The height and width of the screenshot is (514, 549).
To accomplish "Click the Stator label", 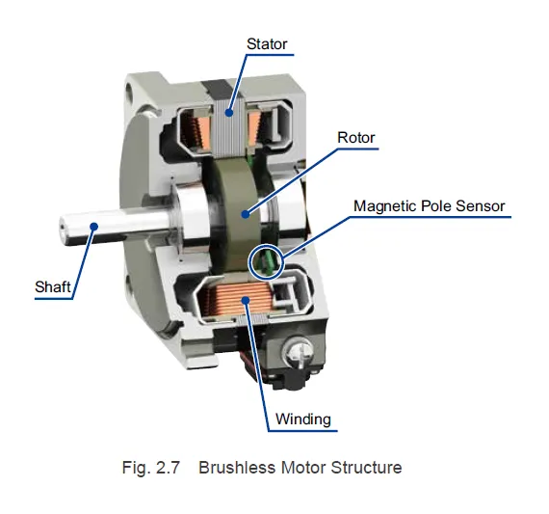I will (x=267, y=43).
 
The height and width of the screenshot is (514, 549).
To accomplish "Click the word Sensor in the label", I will (x=480, y=205).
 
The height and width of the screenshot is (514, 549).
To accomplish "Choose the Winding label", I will (x=302, y=419).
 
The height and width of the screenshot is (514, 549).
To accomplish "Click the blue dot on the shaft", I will (x=93, y=226).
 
